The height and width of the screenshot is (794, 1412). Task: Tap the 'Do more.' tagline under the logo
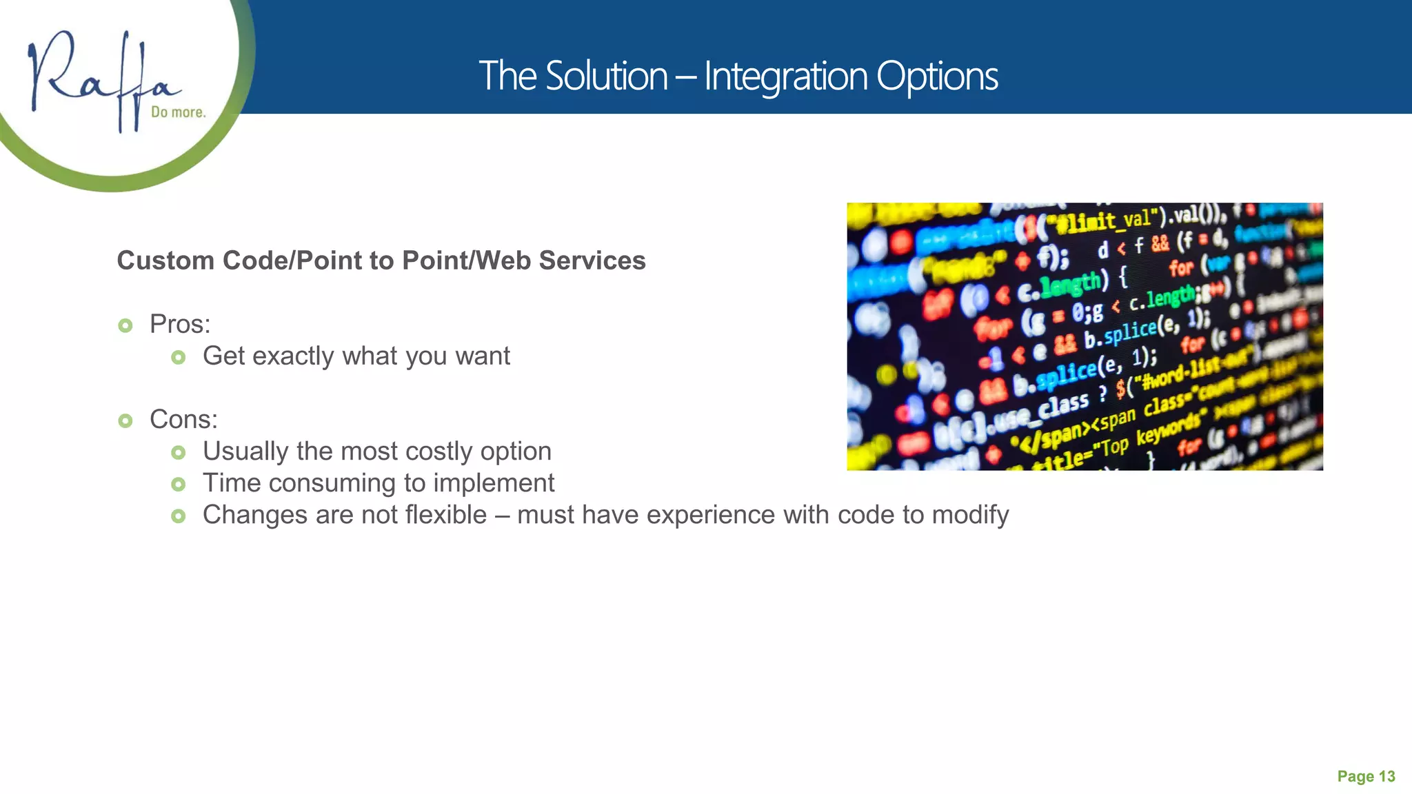178,112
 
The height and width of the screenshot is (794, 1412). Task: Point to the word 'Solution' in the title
606,76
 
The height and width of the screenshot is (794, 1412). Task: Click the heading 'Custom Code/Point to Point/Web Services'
381,261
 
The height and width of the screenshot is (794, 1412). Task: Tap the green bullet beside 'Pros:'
125,325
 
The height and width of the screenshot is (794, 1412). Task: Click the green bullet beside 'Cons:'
125,420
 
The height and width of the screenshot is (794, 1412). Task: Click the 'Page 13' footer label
1365,777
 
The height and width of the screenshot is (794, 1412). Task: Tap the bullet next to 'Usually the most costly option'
179,453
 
